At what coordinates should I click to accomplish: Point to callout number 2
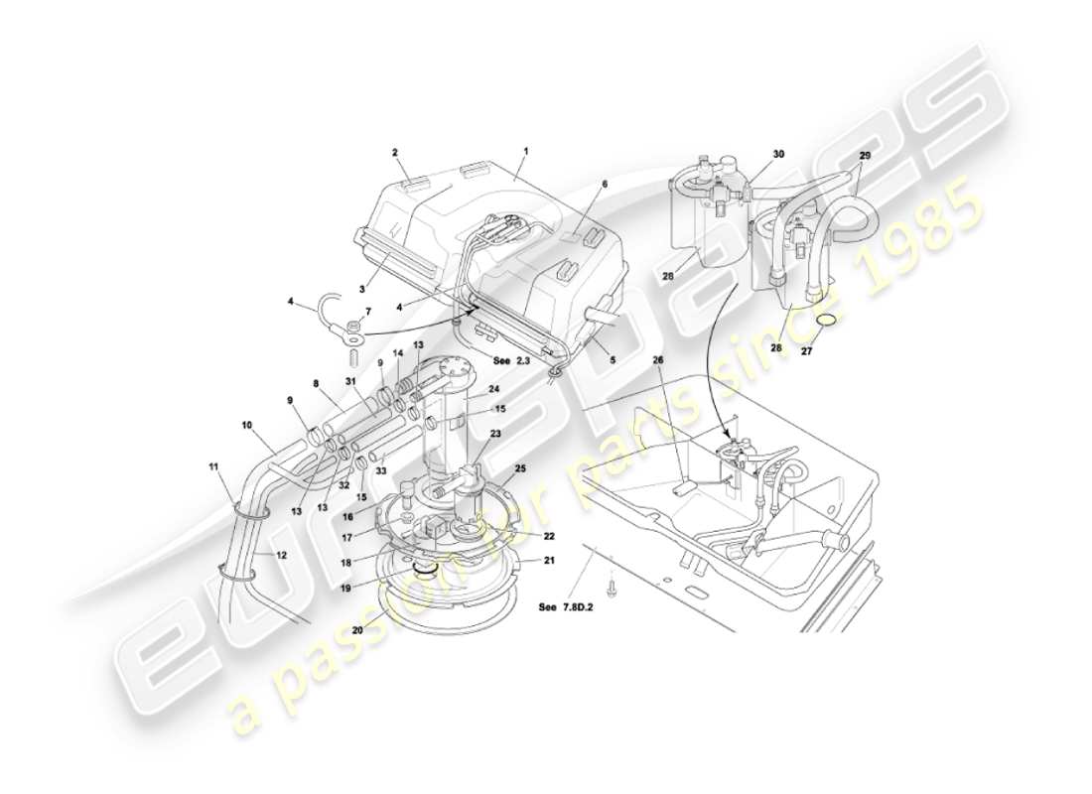point(394,153)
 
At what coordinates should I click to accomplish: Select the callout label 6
point(604,185)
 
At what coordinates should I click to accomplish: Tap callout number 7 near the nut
point(367,313)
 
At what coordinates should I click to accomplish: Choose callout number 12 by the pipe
point(282,555)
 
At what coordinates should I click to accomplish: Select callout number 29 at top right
point(865,157)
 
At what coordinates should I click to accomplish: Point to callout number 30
point(778,154)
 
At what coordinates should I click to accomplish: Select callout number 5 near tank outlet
point(613,360)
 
